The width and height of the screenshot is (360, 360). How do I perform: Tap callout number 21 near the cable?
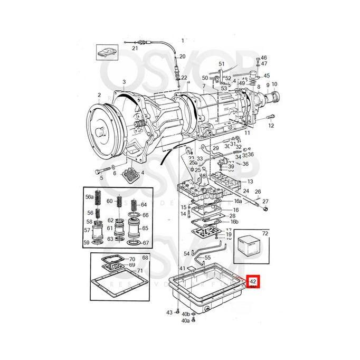(x=135, y=48)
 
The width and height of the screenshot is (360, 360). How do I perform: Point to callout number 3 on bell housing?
(x=124, y=82)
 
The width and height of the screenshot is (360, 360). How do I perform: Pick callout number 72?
(x=265, y=233)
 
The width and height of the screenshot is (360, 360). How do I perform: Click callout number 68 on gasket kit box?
(x=146, y=257)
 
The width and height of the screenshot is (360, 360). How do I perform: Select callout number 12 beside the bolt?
(x=271, y=126)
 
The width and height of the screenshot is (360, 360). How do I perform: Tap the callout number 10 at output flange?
(x=275, y=85)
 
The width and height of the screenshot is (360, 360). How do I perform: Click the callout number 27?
(x=266, y=202)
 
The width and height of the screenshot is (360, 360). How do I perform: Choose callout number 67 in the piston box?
(x=146, y=243)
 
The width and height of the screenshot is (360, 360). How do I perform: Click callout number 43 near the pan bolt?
(x=169, y=312)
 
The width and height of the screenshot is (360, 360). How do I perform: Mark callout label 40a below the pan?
(x=185, y=320)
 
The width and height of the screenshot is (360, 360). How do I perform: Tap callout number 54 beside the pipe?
(x=186, y=254)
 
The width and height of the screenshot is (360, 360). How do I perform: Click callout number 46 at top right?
(x=264, y=58)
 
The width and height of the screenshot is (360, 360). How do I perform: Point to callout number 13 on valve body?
(x=250, y=182)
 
